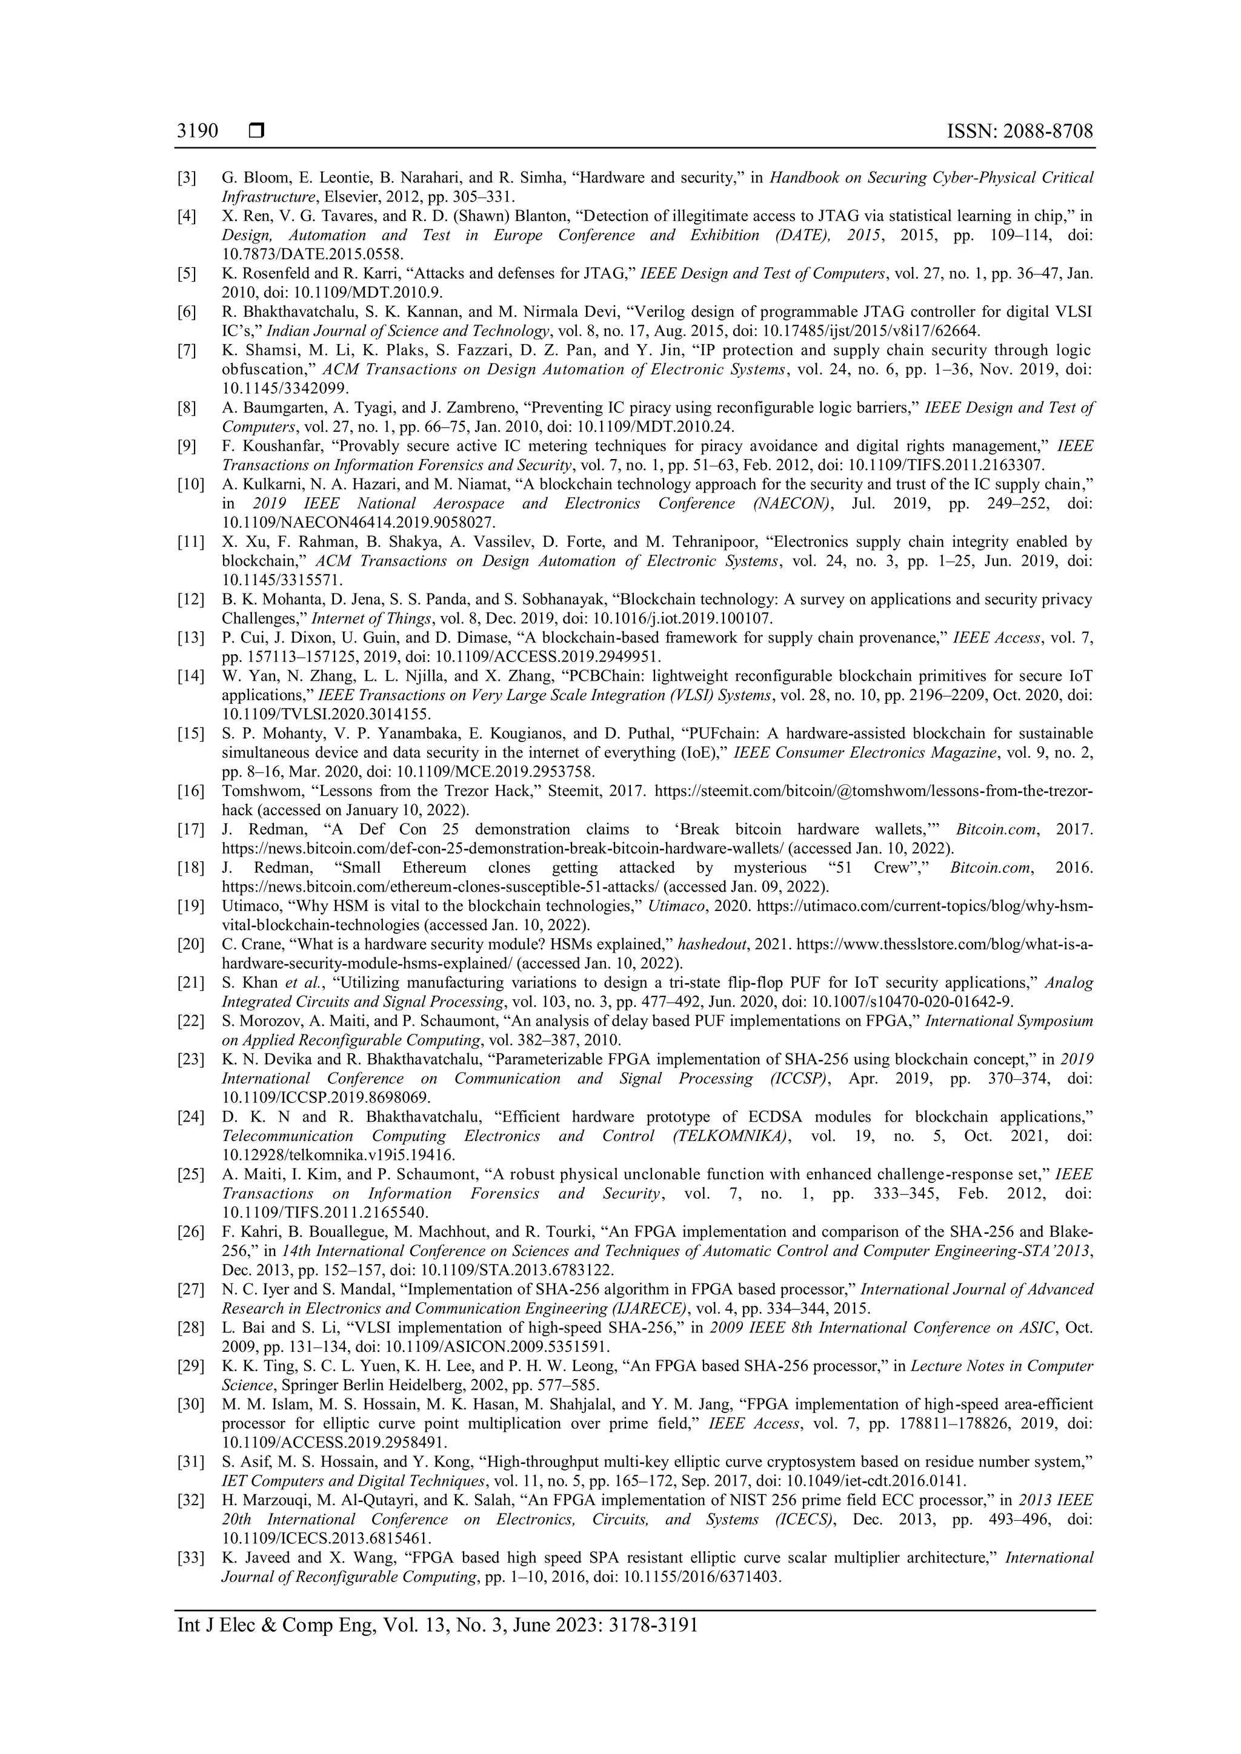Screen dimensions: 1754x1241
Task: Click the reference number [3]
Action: click(187, 179)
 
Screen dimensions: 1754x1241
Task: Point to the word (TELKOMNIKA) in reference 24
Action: click(730, 1136)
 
